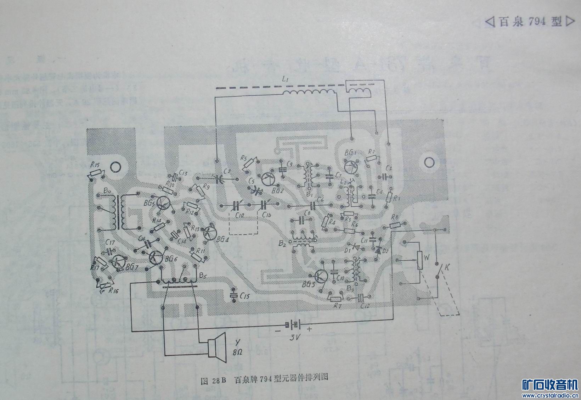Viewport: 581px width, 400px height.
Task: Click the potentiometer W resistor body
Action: pyautogui.click(x=421, y=261)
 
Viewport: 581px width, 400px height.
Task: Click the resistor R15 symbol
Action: pyautogui.click(x=96, y=174)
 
